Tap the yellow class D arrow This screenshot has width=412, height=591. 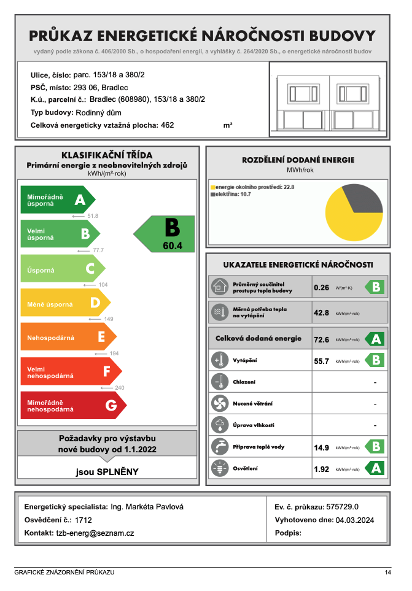click(65, 303)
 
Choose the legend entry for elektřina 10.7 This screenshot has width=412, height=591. click(233, 194)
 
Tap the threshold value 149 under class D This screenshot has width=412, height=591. click(109, 319)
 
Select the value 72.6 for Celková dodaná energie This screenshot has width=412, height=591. click(322, 339)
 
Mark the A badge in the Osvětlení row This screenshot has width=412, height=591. click(375, 468)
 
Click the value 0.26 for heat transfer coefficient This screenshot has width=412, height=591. click(322, 287)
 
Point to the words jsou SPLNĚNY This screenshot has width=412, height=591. click(107, 472)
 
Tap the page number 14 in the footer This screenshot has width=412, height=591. click(387, 572)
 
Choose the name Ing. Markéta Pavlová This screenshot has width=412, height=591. click(147, 507)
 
